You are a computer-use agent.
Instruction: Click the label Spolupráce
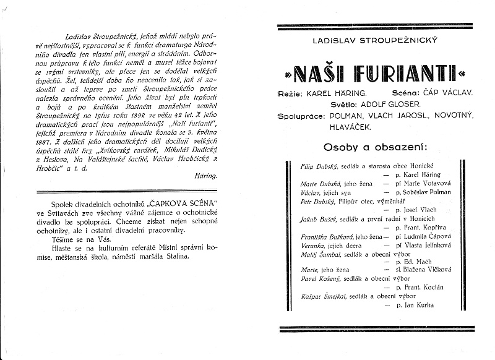click(299, 115)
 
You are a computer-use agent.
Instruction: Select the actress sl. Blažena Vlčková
click(420, 270)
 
